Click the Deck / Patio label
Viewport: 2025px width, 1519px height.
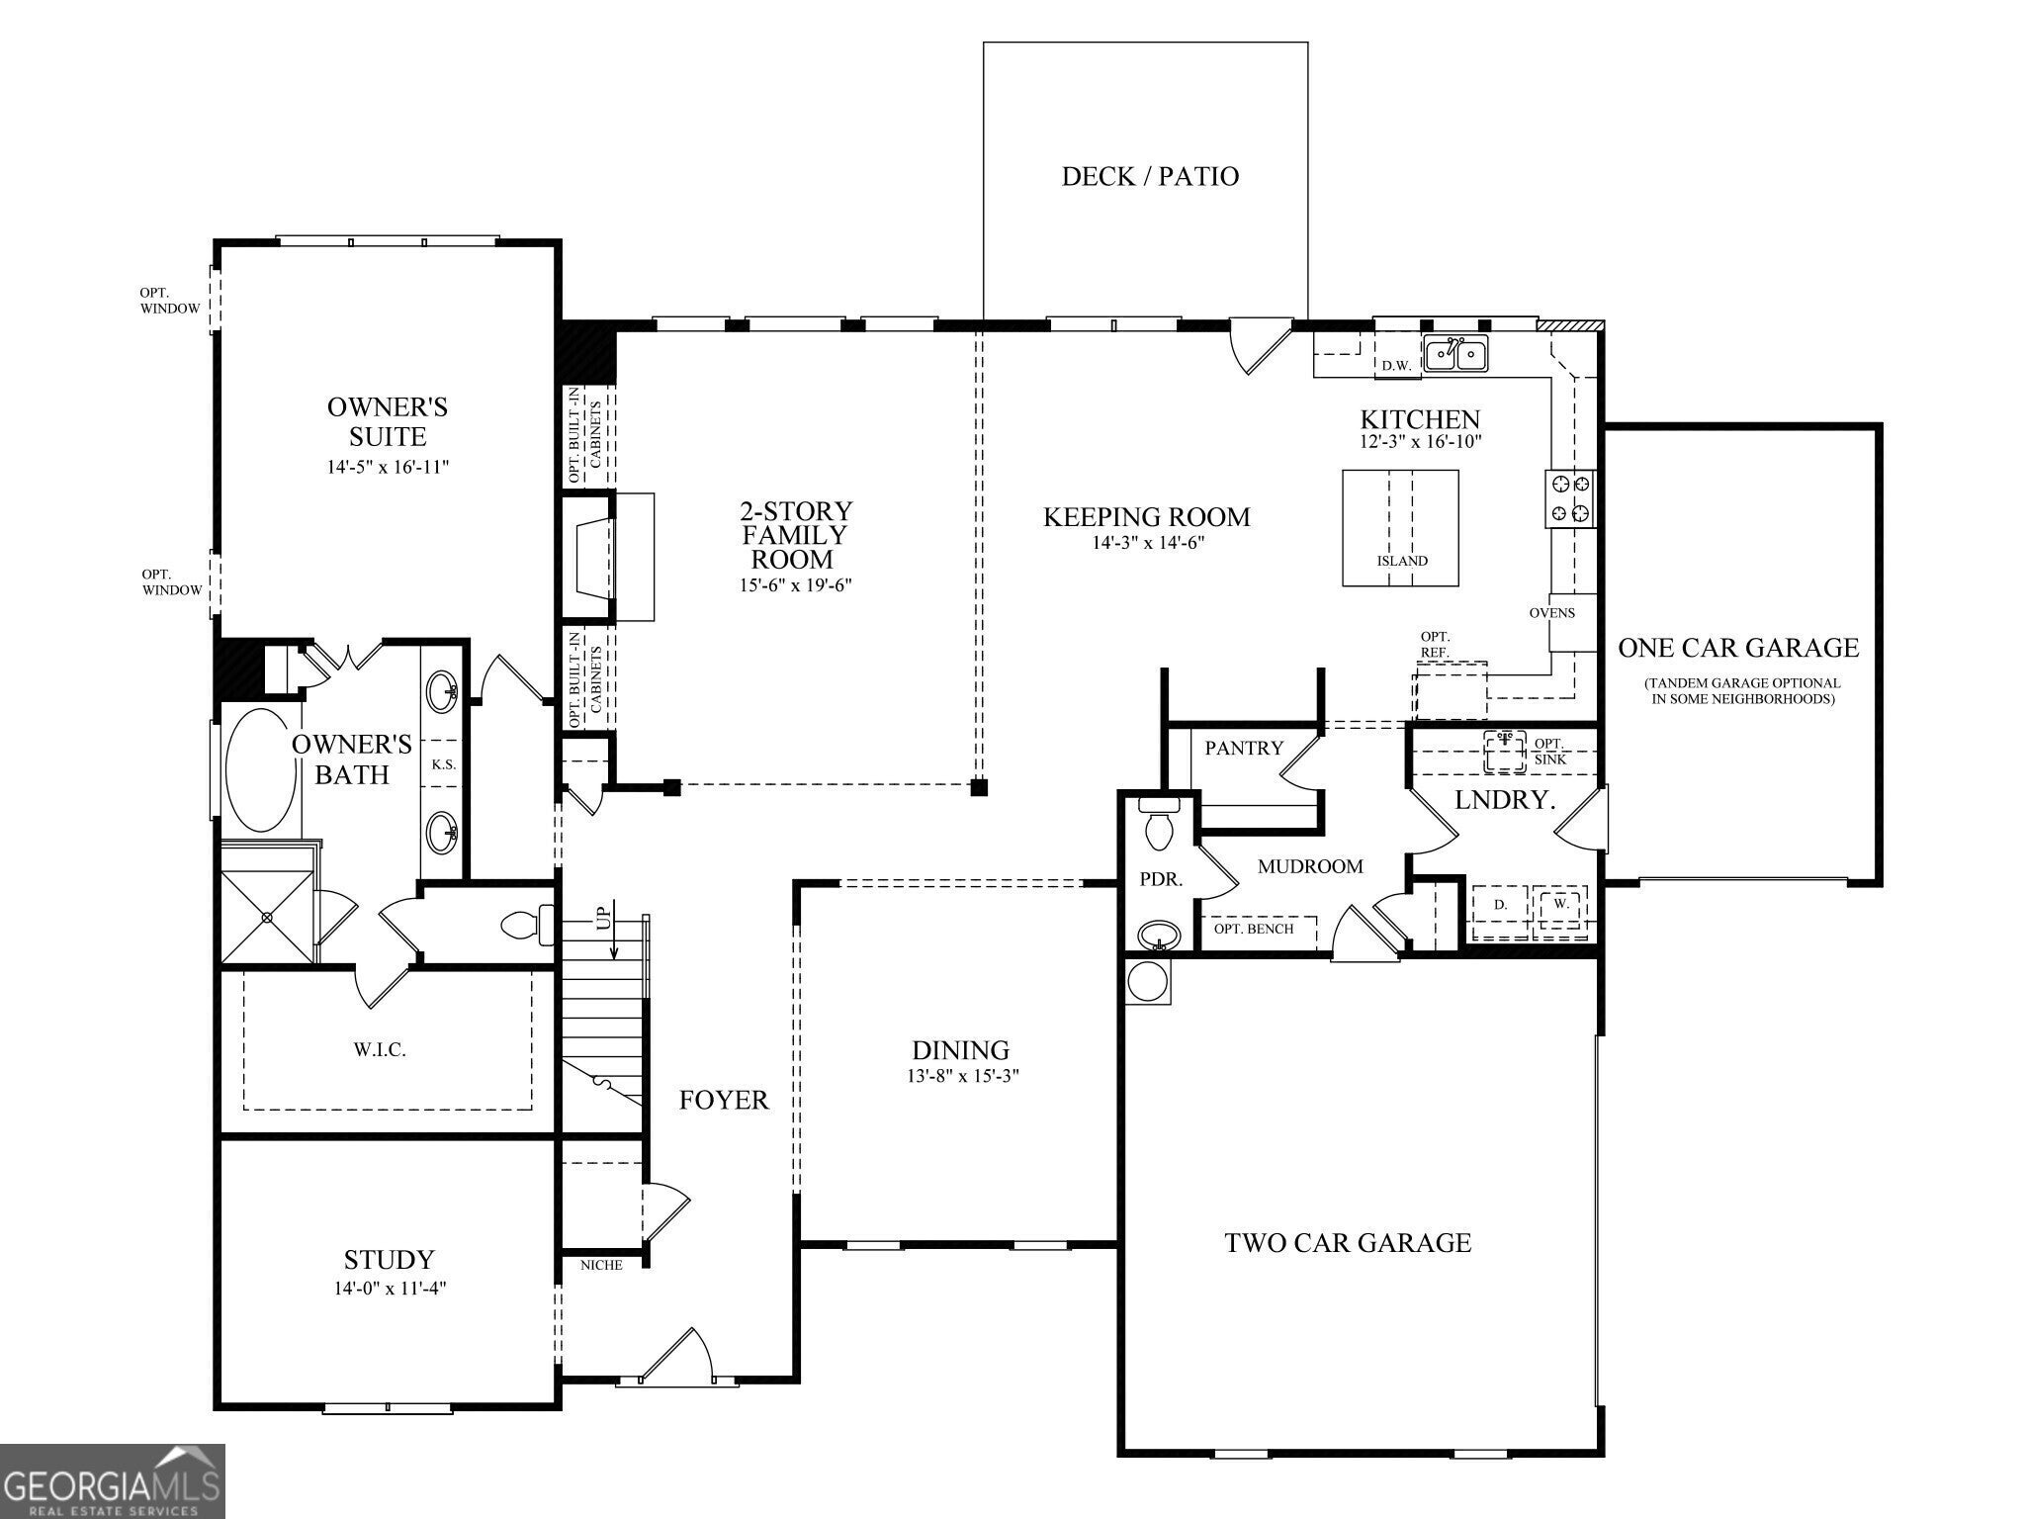tap(1150, 176)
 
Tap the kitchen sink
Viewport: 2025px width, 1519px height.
tap(1455, 353)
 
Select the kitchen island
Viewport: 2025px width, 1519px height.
tap(1400, 527)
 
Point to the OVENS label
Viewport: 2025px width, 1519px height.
tap(1551, 613)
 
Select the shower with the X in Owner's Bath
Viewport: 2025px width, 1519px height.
tap(267, 917)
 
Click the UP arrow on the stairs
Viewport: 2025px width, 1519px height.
tap(613, 930)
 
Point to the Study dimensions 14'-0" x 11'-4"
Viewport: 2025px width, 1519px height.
tap(390, 1289)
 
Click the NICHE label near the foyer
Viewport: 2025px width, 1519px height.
tap(601, 1265)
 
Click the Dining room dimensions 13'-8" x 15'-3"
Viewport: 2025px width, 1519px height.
tap(960, 1075)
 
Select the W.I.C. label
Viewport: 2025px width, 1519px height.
tap(380, 1050)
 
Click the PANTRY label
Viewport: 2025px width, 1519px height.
tap(1244, 749)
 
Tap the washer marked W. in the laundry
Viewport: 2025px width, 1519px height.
tap(1561, 905)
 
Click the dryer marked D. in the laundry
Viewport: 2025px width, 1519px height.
tap(1500, 905)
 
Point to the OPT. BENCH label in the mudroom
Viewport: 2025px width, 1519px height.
tap(1254, 929)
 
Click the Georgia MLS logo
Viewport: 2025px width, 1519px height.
tap(112, 1481)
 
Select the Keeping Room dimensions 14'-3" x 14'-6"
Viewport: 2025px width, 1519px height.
tap(1148, 542)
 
